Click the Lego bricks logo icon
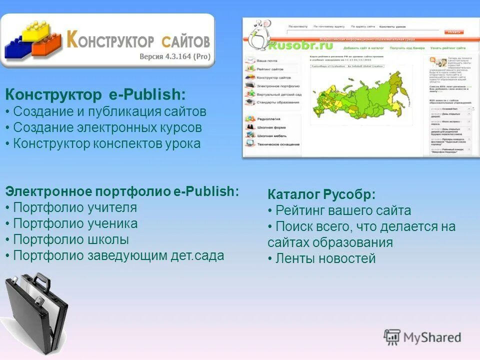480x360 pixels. (x=32, y=40)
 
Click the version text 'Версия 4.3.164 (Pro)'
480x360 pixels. (x=174, y=56)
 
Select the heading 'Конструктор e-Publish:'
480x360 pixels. (x=95, y=94)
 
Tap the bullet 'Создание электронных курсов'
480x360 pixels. (x=107, y=127)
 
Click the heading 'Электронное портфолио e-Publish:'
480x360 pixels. (x=122, y=191)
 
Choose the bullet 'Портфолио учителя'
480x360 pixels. (x=75, y=207)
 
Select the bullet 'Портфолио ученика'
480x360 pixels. (x=75, y=223)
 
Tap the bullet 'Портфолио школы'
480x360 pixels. (x=71, y=239)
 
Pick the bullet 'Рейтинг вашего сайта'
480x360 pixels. (x=343, y=210)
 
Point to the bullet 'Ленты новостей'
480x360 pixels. (x=325, y=258)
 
